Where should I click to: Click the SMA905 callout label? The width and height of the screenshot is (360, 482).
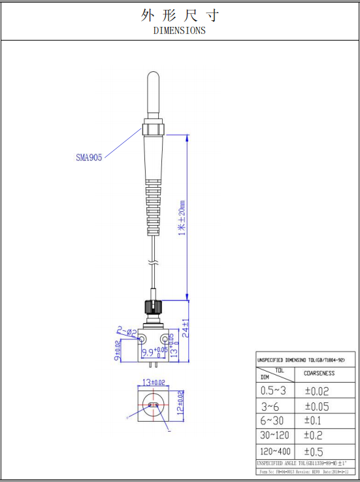(89, 157)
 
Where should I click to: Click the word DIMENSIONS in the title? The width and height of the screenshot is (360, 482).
(179, 30)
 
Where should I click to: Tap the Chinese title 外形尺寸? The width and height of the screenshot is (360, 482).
(179, 14)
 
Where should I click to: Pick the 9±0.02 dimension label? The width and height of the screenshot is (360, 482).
(118, 350)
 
